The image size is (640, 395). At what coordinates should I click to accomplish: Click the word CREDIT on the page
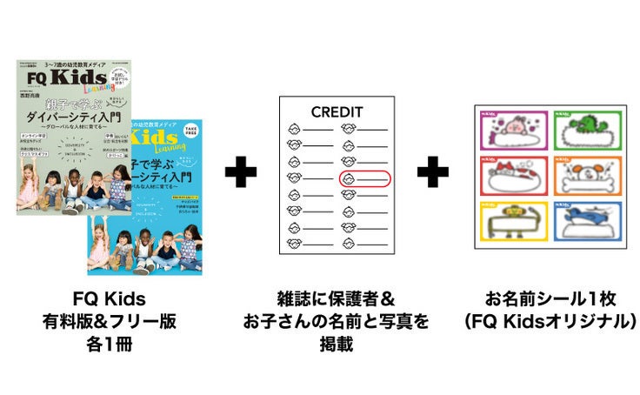click(x=337, y=111)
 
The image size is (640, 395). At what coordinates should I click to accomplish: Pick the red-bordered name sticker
click(x=508, y=177)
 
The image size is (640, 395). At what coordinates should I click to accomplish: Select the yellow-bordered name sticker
click(x=508, y=224)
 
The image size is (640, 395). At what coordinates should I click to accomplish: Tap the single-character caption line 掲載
click(x=337, y=344)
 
